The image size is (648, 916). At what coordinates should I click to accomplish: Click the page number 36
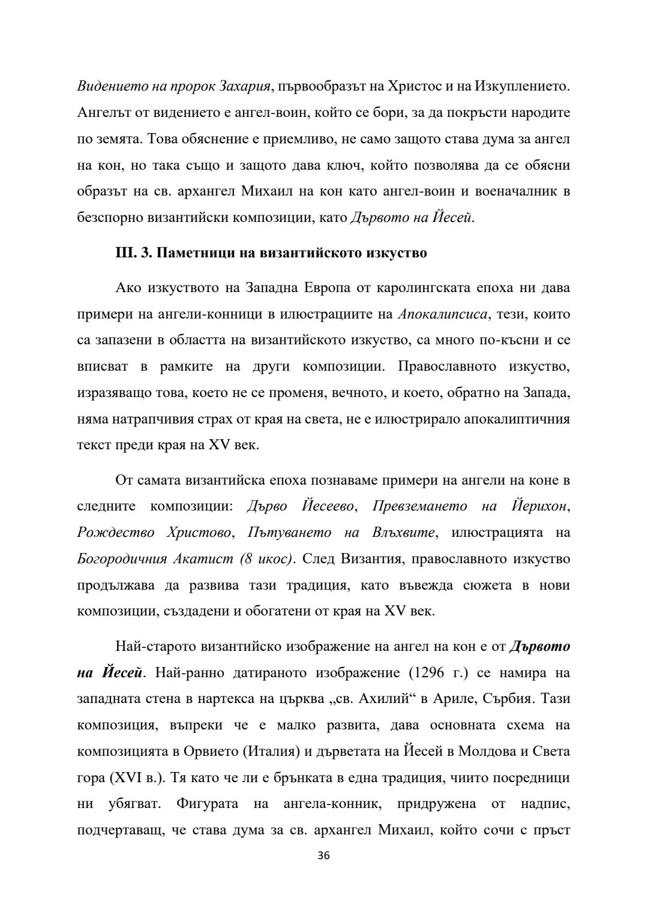coord(323,855)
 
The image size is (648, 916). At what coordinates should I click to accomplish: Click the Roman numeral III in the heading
coord(125,253)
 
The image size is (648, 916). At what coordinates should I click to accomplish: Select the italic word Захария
coord(244,86)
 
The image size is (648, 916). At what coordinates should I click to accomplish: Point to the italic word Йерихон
coord(539,506)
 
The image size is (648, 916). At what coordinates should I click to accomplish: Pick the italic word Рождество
coord(115,533)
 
